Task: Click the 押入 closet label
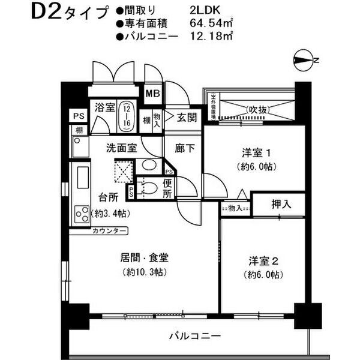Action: [279, 205]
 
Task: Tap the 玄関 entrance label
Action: [187, 117]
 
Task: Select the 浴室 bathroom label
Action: [104, 107]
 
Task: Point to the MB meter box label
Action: [153, 93]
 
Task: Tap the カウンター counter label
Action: [110, 231]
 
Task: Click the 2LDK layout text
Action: [186, 10]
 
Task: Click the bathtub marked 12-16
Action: [127, 115]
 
